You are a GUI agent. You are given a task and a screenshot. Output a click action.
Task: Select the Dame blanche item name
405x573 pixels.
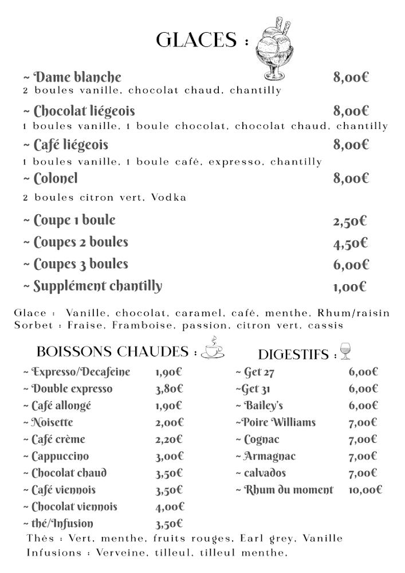(x=77, y=77)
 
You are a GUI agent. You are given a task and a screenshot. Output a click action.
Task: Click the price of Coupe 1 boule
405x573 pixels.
(x=350, y=221)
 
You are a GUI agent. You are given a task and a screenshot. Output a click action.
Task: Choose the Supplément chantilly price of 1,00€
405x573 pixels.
(x=349, y=287)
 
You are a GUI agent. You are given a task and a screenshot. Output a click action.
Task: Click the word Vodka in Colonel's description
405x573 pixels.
(x=169, y=198)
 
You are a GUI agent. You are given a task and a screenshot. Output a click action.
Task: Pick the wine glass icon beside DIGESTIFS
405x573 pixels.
(x=345, y=351)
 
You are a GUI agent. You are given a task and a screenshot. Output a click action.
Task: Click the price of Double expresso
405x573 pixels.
(x=169, y=389)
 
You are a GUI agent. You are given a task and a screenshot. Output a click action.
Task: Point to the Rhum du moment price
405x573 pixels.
(x=365, y=490)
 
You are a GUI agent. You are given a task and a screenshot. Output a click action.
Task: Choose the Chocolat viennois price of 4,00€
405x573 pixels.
(x=170, y=507)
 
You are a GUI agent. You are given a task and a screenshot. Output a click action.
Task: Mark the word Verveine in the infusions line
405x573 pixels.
(x=119, y=553)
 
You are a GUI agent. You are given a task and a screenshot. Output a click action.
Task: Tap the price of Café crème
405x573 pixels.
(x=168, y=439)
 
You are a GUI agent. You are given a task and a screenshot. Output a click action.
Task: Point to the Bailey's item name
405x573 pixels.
(x=264, y=406)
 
